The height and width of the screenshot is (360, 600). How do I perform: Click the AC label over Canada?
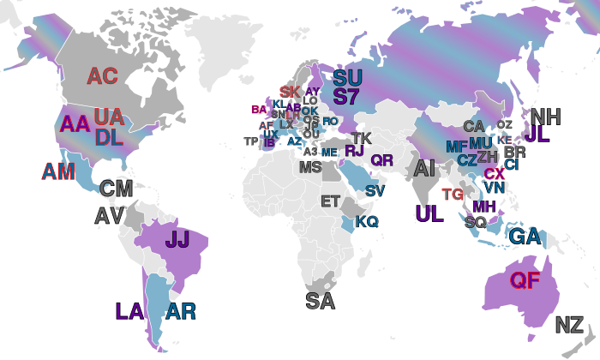tap(102, 76)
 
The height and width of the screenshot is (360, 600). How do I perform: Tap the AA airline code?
tap(75, 123)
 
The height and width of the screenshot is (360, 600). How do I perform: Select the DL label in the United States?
tap(108, 137)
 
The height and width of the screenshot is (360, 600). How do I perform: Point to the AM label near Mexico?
tap(59, 171)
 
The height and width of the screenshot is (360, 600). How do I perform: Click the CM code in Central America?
tap(116, 189)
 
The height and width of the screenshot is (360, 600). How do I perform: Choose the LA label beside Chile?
tap(129, 311)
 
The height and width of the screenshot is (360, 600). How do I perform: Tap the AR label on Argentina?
tap(181, 311)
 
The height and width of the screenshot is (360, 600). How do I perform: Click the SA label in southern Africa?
tap(320, 300)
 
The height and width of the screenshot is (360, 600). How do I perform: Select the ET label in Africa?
tap(330, 201)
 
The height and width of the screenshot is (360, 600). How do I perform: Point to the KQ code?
tap(367, 222)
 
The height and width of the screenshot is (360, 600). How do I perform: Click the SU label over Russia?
tap(347, 77)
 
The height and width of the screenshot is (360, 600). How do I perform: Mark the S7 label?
tap(346, 96)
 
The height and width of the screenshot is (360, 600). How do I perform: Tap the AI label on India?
tap(424, 169)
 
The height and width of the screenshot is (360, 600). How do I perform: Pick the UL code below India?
tap(429, 213)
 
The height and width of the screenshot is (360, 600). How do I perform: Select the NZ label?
tap(569, 325)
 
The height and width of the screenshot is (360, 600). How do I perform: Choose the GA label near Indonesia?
tap(524, 236)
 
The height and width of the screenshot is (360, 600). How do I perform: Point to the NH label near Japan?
tap(546, 117)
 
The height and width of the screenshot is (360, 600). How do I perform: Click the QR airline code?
tap(381, 160)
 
